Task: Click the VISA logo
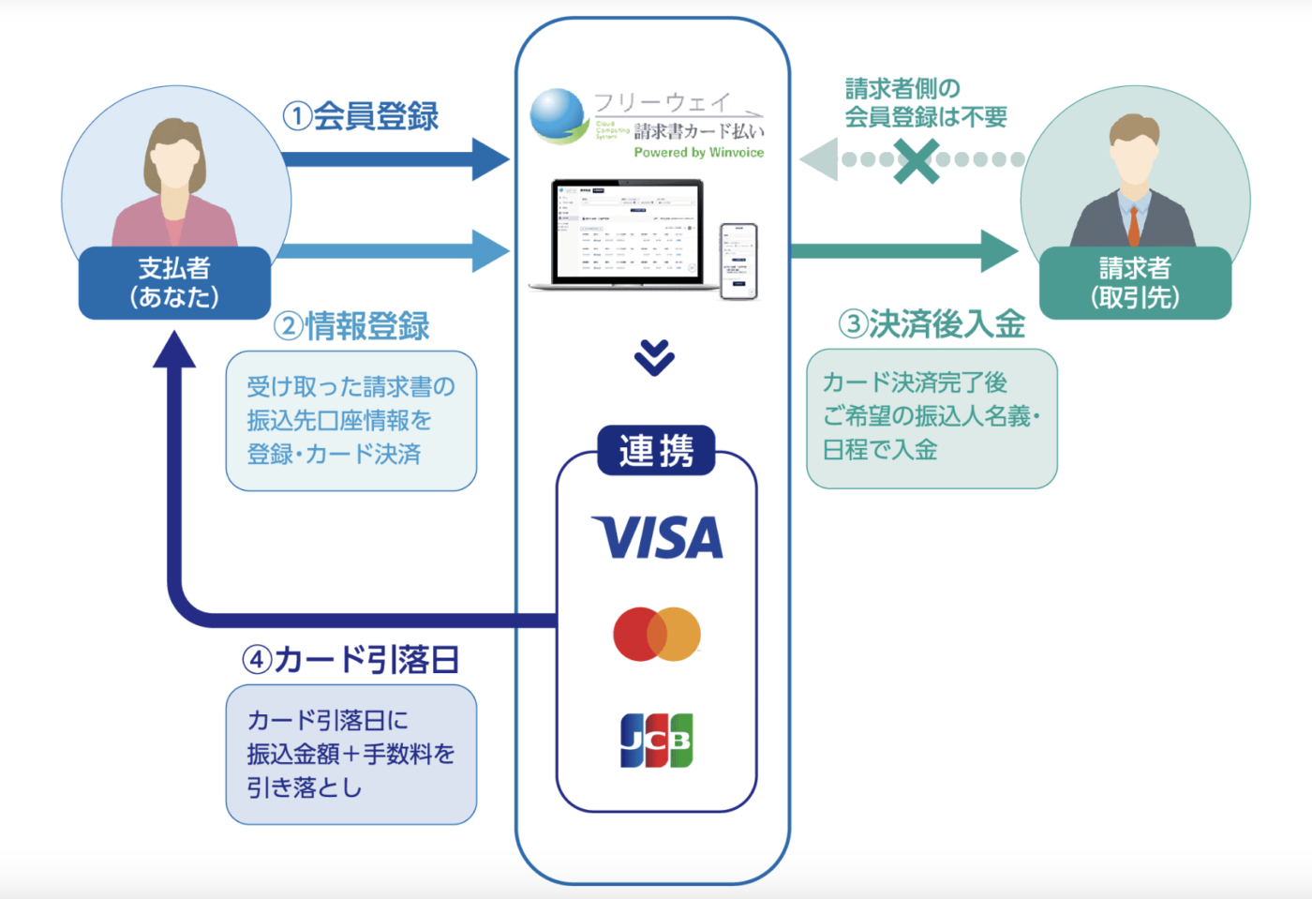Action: (657, 537)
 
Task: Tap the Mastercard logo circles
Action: (657, 634)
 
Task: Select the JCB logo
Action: (656, 740)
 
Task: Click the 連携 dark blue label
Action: (656, 451)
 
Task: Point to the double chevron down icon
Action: (654, 357)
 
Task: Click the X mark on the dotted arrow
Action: (916, 160)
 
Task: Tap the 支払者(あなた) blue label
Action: (174, 283)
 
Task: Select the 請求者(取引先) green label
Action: (1135, 283)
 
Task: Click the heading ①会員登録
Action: (362, 116)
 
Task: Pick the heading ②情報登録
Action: (352, 326)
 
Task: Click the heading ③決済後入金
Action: (932, 324)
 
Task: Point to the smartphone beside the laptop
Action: (738, 261)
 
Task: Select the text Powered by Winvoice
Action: (698, 153)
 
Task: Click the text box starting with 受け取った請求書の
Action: (351, 421)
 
